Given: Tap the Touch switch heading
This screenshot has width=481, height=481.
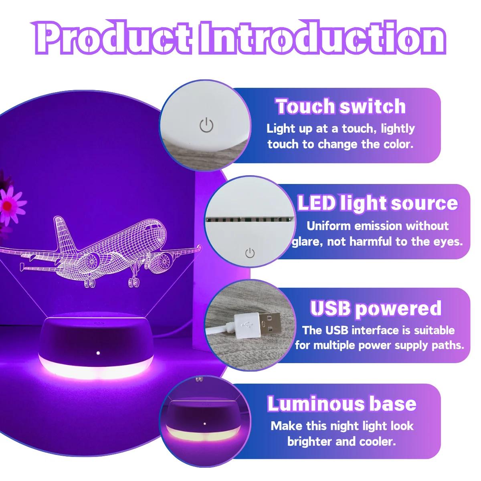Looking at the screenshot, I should point(340,107).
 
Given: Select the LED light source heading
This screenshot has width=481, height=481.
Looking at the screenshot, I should point(378,203).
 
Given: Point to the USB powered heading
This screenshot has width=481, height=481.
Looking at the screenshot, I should point(376,308).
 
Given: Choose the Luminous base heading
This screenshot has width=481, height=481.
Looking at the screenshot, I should point(342,404).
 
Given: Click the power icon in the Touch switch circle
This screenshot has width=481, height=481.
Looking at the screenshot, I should point(206,125).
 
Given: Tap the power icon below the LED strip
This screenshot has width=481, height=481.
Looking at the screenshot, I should point(250,253).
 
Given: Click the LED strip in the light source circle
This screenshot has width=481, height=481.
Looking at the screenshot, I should point(249,219).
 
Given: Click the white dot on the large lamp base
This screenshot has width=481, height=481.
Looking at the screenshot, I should point(98,353).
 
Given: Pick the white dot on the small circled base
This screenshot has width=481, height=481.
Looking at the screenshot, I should point(205,424).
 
